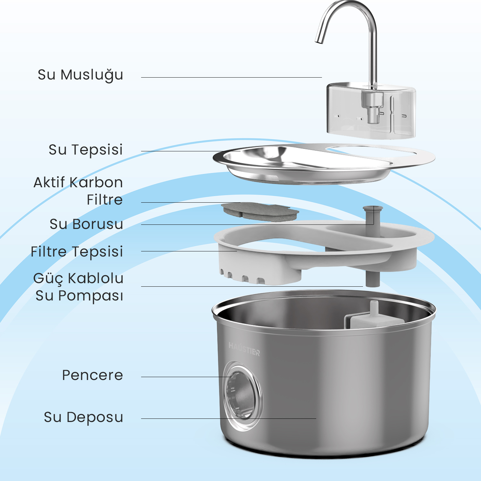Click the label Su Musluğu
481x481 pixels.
point(80,75)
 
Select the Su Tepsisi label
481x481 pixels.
point(86,150)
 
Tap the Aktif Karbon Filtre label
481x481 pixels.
point(78,191)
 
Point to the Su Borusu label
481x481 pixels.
point(86,224)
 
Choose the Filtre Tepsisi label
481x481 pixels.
point(77,252)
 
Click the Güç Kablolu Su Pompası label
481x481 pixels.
point(79,287)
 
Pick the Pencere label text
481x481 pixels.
point(92,375)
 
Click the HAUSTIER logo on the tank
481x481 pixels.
point(244,349)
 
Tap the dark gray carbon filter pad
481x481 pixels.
point(260,212)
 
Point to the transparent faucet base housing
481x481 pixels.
point(371,111)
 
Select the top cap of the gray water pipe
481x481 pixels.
point(373,209)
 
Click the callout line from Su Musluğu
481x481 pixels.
point(231,77)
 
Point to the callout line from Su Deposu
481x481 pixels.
point(229,418)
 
